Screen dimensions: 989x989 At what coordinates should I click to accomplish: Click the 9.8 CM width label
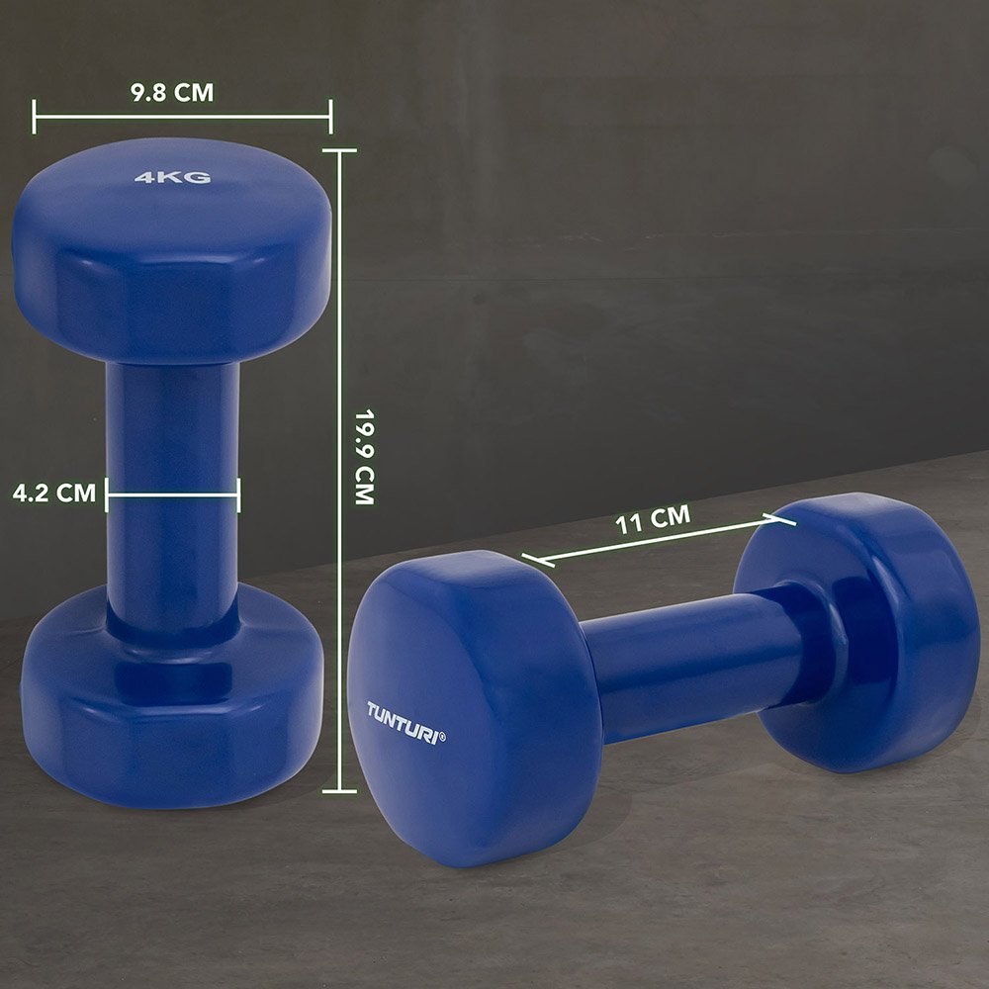pos(172,93)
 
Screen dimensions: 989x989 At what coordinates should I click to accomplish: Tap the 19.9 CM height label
pos(365,457)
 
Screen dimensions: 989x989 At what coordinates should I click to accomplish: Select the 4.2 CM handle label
pos(54,493)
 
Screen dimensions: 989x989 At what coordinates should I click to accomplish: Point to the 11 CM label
pos(653,520)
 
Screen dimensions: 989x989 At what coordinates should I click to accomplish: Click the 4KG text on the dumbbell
pos(173,177)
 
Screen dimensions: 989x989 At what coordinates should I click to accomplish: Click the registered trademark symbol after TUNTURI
pos(441,737)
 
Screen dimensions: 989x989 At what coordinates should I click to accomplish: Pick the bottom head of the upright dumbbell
pos(172,700)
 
